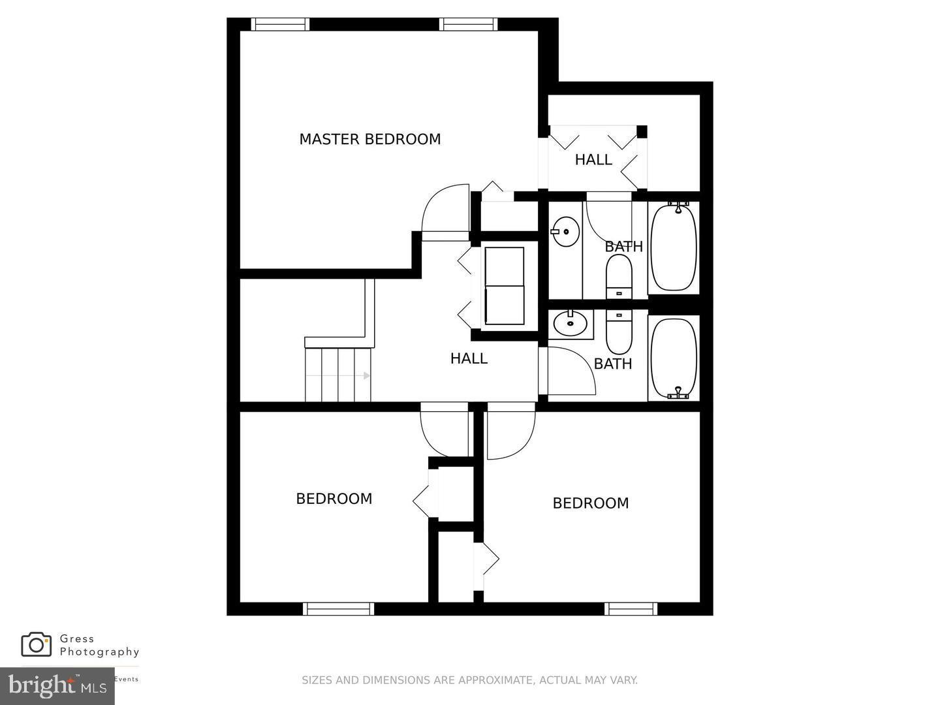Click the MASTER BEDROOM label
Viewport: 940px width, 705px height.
click(x=369, y=139)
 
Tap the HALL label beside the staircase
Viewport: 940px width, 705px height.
click(x=469, y=358)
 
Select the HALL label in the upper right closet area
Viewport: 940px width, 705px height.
click(x=593, y=160)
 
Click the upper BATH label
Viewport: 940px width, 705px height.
click(x=623, y=247)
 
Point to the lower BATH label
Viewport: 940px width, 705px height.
click(x=613, y=364)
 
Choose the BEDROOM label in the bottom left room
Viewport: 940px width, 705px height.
click(x=334, y=499)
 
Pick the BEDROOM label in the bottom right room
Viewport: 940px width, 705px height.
click(x=591, y=503)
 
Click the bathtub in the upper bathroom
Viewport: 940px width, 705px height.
click(x=674, y=247)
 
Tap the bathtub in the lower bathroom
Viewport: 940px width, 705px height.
click(x=674, y=358)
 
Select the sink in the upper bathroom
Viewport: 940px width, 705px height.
click(x=565, y=231)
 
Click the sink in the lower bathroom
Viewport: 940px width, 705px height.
click(x=571, y=322)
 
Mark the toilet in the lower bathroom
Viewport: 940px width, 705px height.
click(x=619, y=330)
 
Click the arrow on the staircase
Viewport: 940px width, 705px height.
click(x=366, y=376)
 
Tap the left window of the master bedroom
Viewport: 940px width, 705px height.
click(x=281, y=24)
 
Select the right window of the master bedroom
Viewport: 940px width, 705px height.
click(x=468, y=24)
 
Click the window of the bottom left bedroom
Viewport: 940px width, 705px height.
click(x=339, y=609)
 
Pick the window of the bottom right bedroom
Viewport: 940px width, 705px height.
click(x=631, y=609)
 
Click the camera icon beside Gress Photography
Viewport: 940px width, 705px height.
click(x=37, y=644)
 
